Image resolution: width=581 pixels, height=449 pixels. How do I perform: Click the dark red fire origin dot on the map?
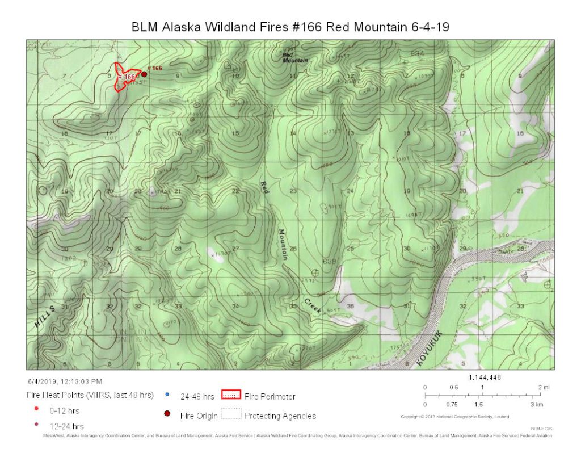pyautogui.click(x=144, y=74)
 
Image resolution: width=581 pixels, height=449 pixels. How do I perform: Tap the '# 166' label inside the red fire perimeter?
pyautogui.click(x=127, y=77)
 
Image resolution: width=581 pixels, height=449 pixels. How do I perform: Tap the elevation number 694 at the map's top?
pyautogui.click(x=417, y=53)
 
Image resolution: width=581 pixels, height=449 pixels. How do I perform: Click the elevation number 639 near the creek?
pyautogui.click(x=329, y=262)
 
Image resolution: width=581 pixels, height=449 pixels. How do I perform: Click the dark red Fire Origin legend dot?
pyautogui.click(x=167, y=414)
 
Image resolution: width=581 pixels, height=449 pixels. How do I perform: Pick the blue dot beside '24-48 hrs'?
pyautogui.click(x=167, y=395)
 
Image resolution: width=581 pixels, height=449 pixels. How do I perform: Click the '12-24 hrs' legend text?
pyautogui.click(x=66, y=426)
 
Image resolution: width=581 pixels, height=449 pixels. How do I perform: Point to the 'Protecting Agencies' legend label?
pyautogui.click(x=280, y=416)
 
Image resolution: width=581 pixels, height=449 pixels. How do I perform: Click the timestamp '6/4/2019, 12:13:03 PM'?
pyautogui.click(x=65, y=381)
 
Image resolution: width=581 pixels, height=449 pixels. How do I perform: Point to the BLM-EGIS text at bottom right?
pyautogui.click(x=540, y=429)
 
